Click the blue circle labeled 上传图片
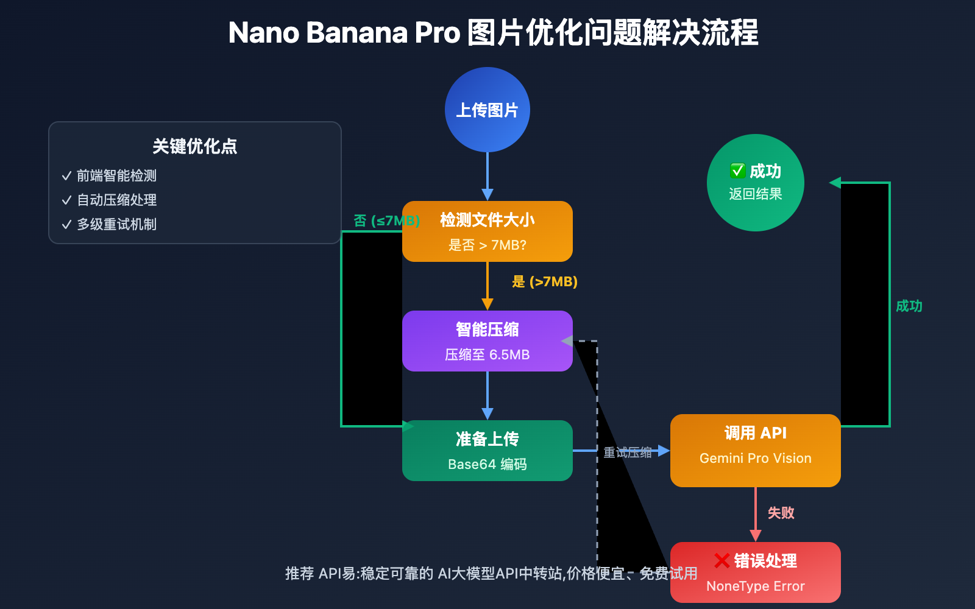pos(487,110)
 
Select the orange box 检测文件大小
pos(487,231)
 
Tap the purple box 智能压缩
pos(487,341)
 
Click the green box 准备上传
pos(487,451)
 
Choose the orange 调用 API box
pos(755,451)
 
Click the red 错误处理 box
pos(755,572)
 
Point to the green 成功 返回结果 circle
pos(755,183)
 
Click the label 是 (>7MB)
pos(544,281)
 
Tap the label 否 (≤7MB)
pos(386,220)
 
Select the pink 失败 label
pos(781,513)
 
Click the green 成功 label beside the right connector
pos(909,306)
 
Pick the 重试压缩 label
pos(627,452)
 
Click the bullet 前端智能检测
pos(116,175)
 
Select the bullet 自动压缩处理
pos(116,200)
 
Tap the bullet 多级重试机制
pos(116,224)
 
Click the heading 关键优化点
pos(194,146)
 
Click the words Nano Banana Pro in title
pos(344,33)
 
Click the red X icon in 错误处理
pos(721,560)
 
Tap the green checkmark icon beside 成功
pos(737,171)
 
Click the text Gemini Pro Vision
pos(755,458)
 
